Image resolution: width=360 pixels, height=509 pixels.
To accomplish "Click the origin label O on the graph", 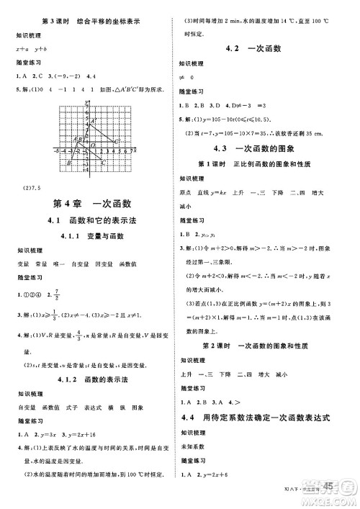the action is coord(93,145).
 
